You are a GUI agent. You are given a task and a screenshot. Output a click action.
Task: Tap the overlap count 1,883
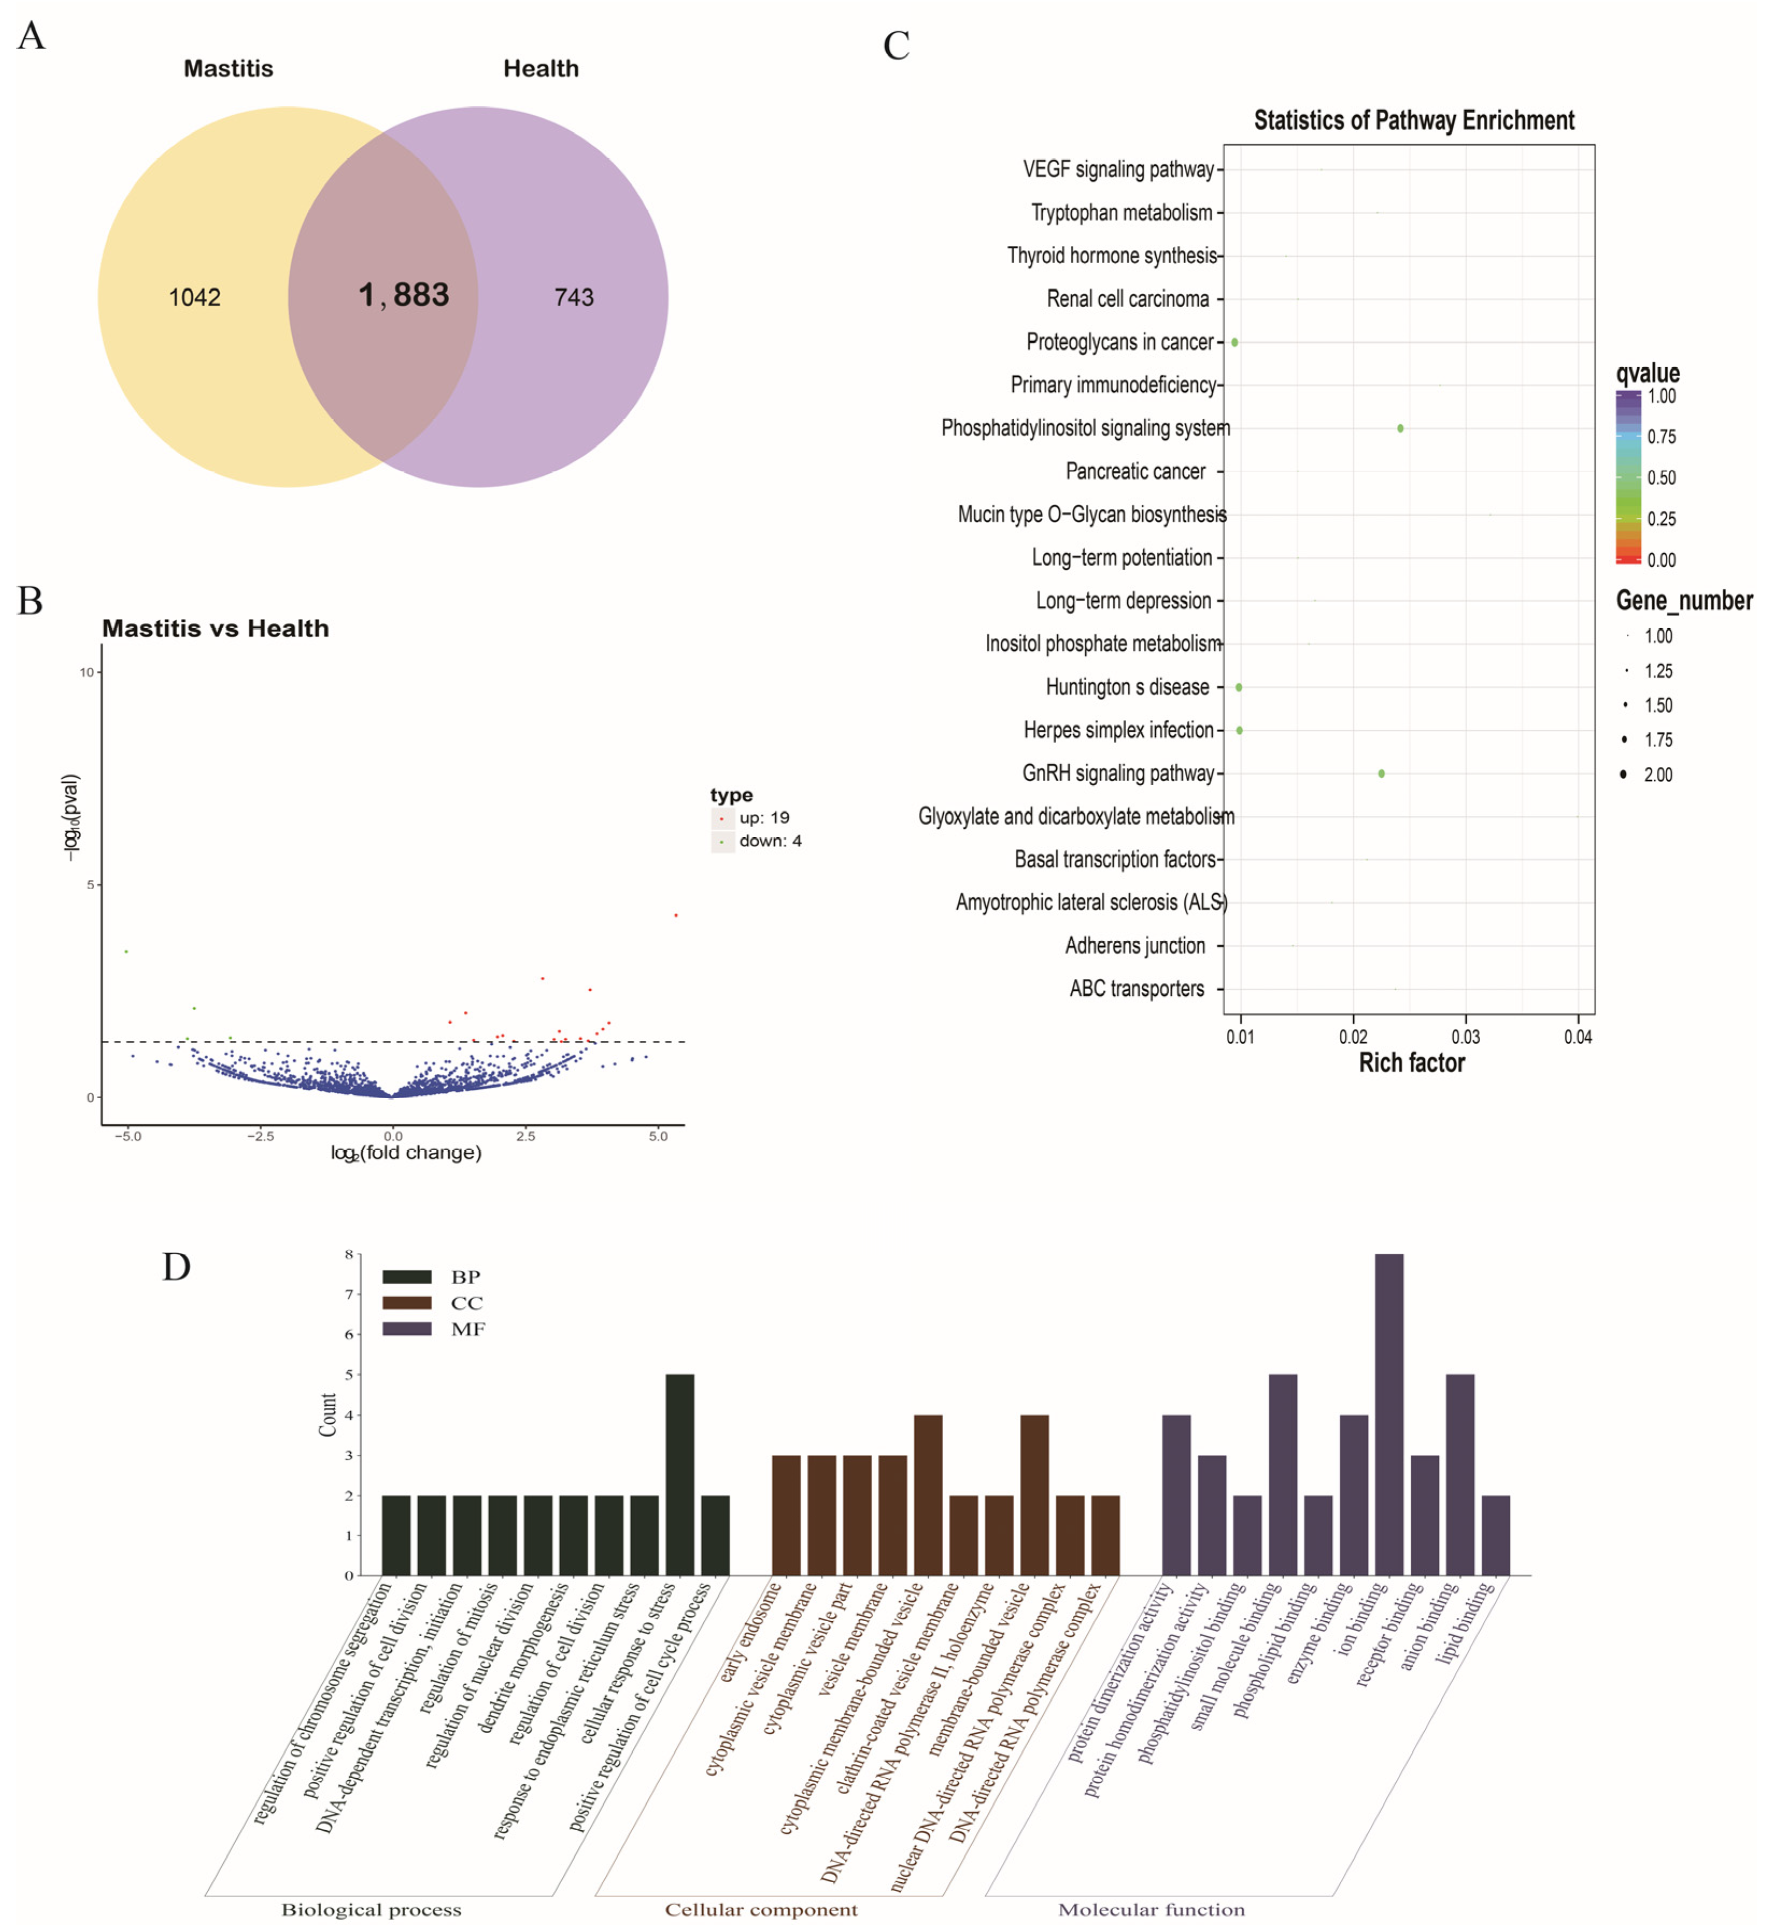coord(404,295)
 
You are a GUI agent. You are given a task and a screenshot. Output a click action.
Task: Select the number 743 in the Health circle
coord(574,298)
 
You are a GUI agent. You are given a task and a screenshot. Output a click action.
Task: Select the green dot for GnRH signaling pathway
coord(1381,773)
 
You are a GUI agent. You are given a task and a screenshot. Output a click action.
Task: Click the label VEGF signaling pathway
coord(1118,170)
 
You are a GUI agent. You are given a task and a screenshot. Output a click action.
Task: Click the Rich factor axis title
coord(1411,1063)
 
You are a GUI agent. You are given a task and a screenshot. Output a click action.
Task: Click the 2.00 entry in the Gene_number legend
coord(1658,775)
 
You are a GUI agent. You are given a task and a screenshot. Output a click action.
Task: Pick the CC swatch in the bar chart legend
coord(407,1303)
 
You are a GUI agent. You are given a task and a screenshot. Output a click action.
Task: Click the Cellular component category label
coord(761,1910)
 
